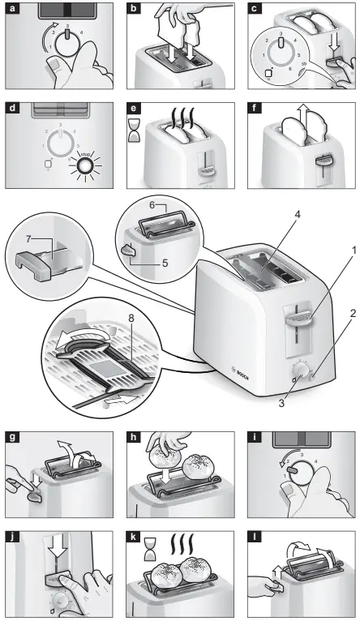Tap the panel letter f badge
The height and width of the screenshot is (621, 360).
coord(252,105)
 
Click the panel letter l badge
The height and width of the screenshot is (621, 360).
coord(252,536)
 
